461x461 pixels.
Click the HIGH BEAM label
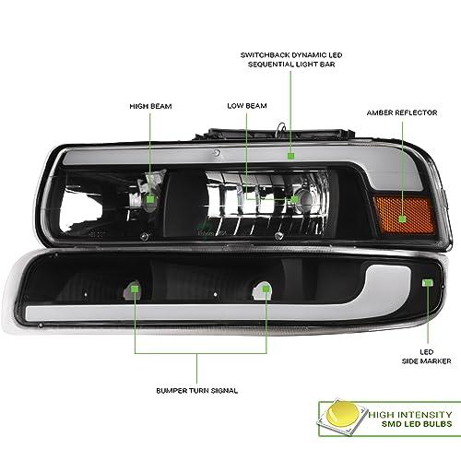[x=150, y=106]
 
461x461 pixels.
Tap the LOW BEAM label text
[x=247, y=106]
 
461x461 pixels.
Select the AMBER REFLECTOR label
[x=402, y=112]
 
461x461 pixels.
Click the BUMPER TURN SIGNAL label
[x=197, y=391]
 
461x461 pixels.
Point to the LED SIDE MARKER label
[x=427, y=357]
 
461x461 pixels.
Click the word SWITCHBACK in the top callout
[x=265, y=55]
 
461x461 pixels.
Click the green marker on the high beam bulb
[x=150, y=199]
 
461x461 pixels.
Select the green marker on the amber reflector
[x=402, y=219]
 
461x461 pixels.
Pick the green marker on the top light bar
[x=290, y=156]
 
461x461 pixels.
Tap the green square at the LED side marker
[x=428, y=283]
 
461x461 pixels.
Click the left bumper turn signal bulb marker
[x=135, y=289]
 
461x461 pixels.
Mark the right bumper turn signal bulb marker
[x=266, y=289]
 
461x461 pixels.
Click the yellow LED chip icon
[x=343, y=417]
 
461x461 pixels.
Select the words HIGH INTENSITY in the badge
[x=410, y=415]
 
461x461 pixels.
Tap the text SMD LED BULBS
[x=417, y=424]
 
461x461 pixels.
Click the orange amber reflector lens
[x=405, y=215]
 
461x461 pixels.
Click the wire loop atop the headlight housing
[x=280, y=129]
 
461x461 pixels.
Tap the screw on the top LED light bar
[x=217, y=153]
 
